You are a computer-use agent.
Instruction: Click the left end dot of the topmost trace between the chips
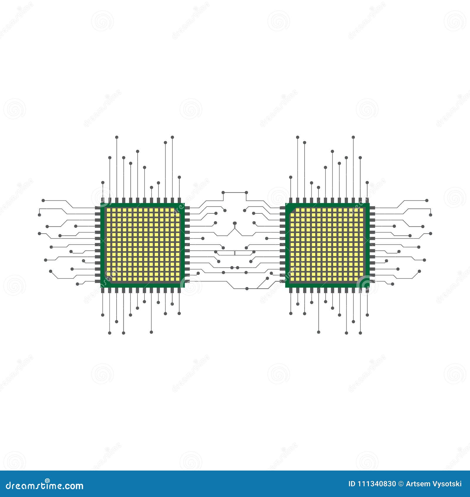click(223, 192)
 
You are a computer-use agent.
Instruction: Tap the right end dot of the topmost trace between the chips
click(246, 192)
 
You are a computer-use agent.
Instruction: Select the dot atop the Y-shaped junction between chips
click(234, 223)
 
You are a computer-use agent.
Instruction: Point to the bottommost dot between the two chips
click(247, 288)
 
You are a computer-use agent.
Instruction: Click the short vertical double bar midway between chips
click(234, 252)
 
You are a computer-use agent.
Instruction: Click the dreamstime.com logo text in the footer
click(45, 485)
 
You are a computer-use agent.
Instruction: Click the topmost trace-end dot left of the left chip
click(43, 200)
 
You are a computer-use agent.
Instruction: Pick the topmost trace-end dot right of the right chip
click(427, 200)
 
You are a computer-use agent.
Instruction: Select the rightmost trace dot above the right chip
click(367, 182)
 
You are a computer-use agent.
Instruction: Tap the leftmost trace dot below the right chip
click(291, 313)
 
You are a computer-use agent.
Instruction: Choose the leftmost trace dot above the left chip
click(103, 182)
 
